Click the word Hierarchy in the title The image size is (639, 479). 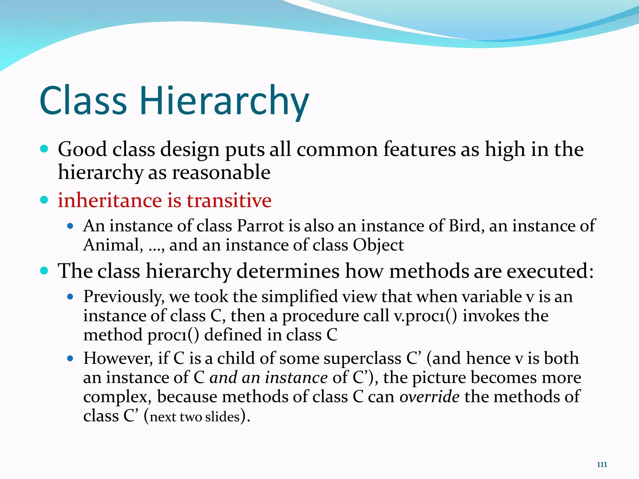(224, 101)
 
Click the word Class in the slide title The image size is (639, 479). (83, 101)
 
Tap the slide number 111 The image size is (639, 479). (602, 465)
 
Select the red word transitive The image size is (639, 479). (229, 201)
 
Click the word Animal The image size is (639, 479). (111, 245)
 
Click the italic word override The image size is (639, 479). (429, 397)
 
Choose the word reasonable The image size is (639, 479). (221, 173)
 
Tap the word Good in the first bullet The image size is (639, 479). (82, 149)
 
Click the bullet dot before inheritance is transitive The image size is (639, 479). (44, 200)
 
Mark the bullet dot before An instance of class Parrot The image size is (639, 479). (70, 226)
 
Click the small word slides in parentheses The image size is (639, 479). (222, 417)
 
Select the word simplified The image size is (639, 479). (300, 297)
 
